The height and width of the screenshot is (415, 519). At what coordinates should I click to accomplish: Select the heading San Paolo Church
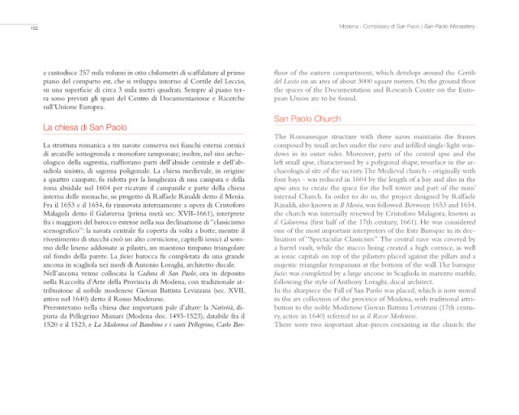tap(310, 119)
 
